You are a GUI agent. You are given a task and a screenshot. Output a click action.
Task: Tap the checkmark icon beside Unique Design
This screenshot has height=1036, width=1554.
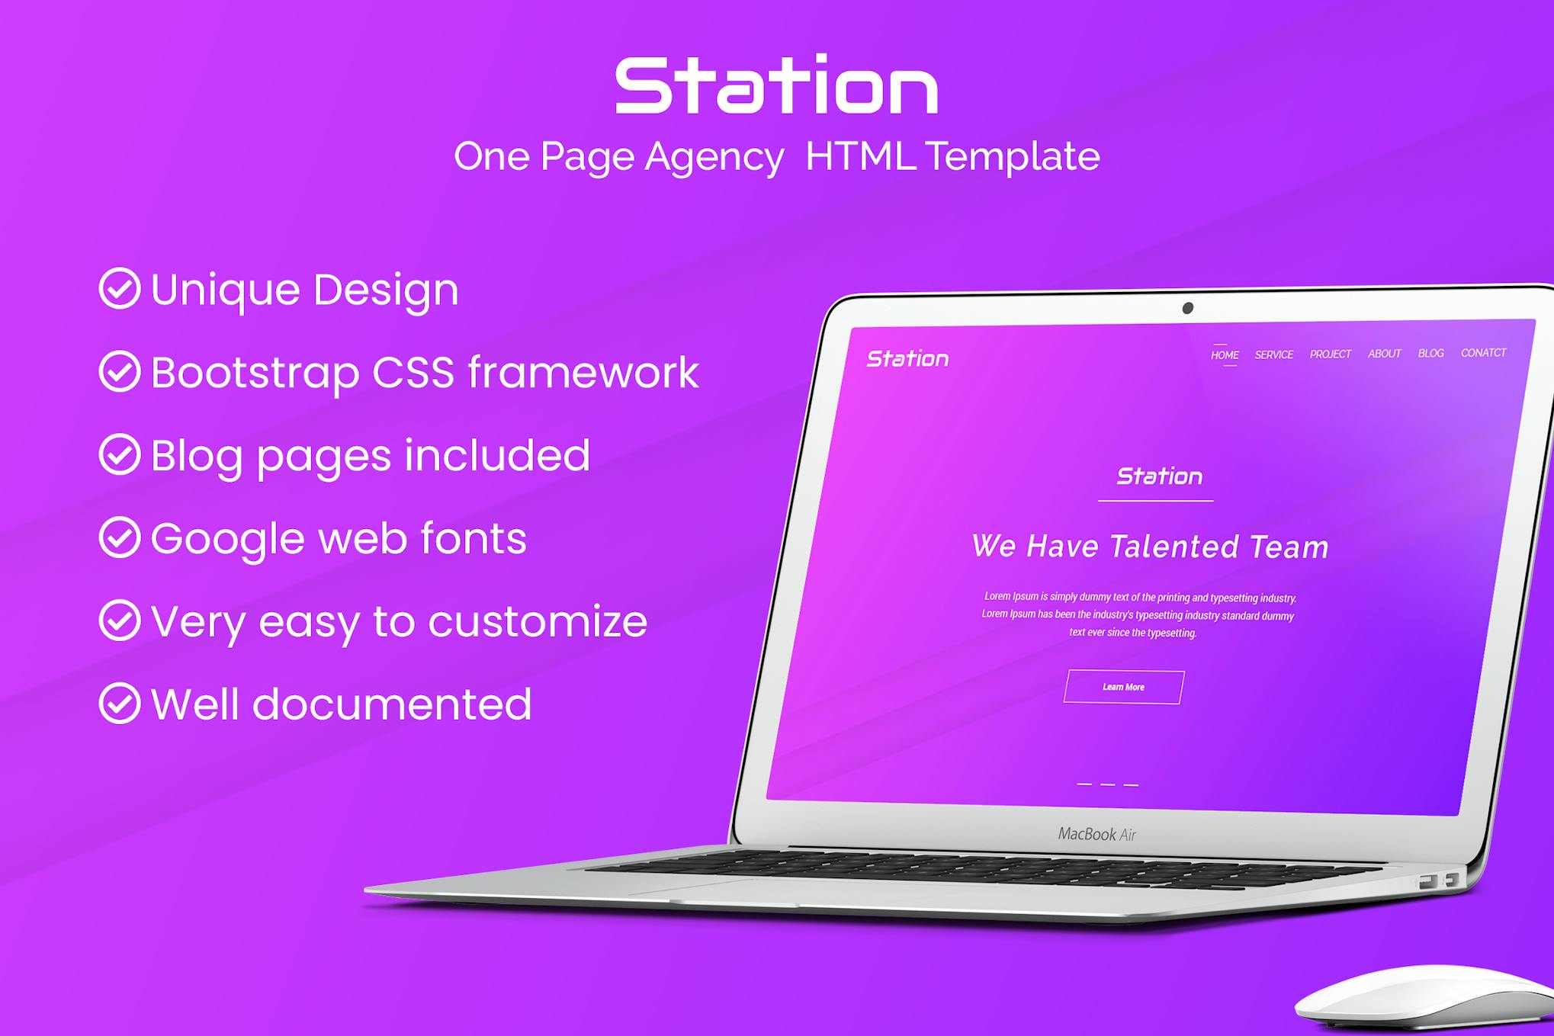click(x=120, y=288)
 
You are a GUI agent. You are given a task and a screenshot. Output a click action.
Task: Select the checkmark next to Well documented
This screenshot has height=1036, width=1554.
click(x=120, y=703)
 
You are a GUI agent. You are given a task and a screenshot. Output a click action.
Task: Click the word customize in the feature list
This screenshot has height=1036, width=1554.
click(x=538, y=621)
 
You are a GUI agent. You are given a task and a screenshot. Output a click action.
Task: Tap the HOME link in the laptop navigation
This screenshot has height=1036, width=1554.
click(x=1225, y=355)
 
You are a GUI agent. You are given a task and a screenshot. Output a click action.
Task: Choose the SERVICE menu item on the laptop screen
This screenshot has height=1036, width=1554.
click(x=1274, y=354)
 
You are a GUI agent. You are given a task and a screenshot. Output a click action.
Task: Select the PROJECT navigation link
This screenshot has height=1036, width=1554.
click(x=1331, y=354)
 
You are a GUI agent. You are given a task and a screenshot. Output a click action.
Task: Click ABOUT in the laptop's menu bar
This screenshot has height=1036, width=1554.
click(x=1385, y=354)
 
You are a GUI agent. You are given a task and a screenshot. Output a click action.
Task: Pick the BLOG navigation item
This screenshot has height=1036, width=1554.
click(x=1431, y=353)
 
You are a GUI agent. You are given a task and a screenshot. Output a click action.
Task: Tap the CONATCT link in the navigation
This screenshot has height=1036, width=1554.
click(x=1484, y=352)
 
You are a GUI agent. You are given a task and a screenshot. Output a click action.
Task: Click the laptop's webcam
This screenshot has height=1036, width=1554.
click(x=1187, y=308)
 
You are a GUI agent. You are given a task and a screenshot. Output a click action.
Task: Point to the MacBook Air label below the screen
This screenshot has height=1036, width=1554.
click(x=1097, y=834)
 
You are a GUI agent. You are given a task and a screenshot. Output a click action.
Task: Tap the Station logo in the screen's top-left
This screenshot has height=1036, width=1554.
click(x=907, y=358)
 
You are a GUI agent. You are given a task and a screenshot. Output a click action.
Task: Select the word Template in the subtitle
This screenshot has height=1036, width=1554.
click(x=1013, y=156)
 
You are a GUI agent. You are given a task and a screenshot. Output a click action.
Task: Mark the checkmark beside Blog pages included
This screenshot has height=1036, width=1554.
click(x=120, y=454)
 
